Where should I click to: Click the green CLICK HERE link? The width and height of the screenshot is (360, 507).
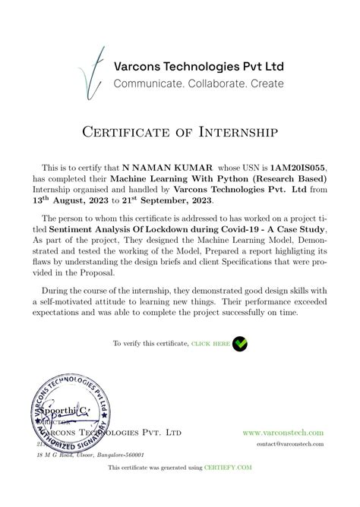coord(210,344)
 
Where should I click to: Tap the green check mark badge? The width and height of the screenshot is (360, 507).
coord(240,343)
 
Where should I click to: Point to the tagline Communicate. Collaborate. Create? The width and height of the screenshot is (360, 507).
coord(198,83)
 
